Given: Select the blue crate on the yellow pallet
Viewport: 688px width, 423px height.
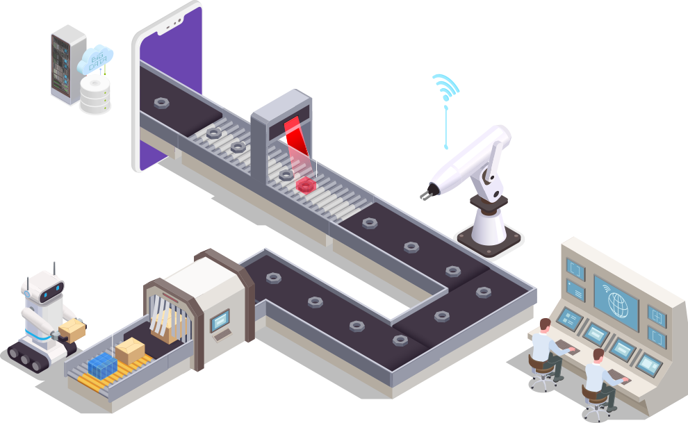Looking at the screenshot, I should click(104, 363).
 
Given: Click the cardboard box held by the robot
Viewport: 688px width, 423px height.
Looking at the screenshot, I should click(72, 328).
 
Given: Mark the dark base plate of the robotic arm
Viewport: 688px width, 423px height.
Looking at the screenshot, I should click(489, 240).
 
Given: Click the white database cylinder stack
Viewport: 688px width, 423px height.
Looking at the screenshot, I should click(95, 94).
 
